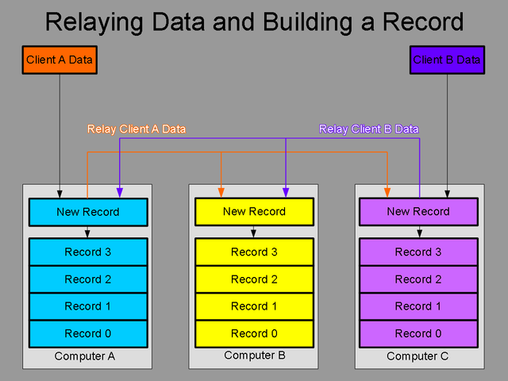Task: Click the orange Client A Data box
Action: tap(60, 60)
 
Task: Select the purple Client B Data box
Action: tap(447, 60)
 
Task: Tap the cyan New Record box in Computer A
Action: tap(88, 212)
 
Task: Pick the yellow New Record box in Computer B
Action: tap(254, 212)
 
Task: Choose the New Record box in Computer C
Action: tap(418, 212)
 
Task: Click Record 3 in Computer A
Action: tap(88, 252)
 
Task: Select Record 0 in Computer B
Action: tap(254, 333)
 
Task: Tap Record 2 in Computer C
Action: tap(418, 279)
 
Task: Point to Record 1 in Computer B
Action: tap(254, 306)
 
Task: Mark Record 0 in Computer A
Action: tap(88, 333)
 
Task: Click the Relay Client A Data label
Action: tap(137, 129)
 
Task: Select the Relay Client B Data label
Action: tap(368, 129)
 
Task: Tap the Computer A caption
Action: tap(85, 356)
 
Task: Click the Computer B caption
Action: tap(255, 356)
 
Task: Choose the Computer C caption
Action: tap(418, 356)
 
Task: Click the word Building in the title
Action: tap(307, 22)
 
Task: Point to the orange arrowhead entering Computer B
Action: tap(221, 192)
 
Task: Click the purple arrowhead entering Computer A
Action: tap(120, 192)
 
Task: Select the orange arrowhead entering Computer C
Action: tap(387, 192)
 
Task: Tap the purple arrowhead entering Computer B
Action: tap(286, 192)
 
